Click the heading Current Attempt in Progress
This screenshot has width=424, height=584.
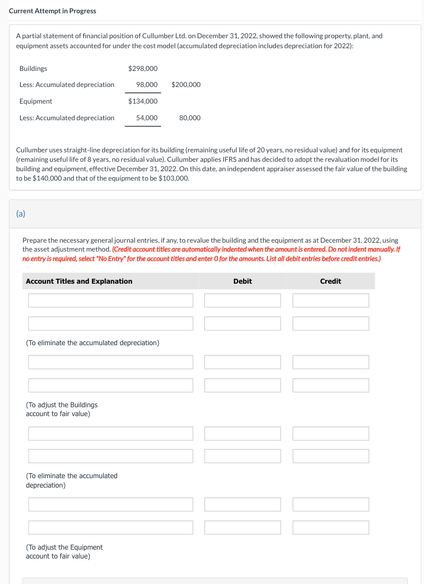[52, 11]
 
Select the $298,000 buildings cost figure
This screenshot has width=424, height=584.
[143, 69]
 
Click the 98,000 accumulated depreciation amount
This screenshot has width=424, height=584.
[147, 85]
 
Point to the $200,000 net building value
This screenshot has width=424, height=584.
[186, 85]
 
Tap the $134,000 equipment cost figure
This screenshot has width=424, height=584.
[143, 101]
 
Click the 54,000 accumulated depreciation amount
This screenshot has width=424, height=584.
[147, 118]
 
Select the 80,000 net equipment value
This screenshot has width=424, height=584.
[190, 118]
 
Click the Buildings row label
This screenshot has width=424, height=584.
[33, 69]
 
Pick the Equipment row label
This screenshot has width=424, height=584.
[36, 101]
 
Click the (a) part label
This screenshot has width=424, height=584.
[21, 213]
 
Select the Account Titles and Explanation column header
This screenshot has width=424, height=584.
[79, 281]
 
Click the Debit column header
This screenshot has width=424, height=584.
[243, 281]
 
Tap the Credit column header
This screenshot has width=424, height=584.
[331, 281]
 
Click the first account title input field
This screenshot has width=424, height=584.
[111, 300]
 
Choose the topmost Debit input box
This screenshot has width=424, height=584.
[243, 300]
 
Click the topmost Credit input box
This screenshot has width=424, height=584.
[331, 300]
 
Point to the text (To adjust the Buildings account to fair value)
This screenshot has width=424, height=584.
[62, 409]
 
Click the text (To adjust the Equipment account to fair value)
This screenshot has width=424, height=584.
[64, 551]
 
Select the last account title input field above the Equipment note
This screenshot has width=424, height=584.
[111, 527]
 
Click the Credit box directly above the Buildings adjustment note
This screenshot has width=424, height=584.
[331, 385]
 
